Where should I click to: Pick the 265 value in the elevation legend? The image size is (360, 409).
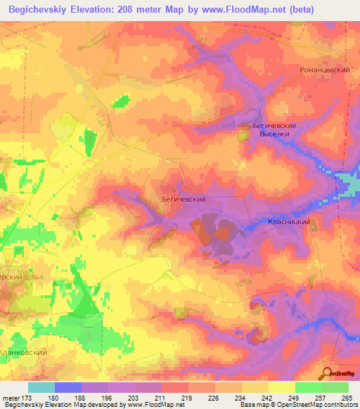(x=346, y=398)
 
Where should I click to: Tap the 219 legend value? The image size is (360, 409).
(x=187, y=398)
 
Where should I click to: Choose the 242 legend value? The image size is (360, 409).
(x=266, y=398)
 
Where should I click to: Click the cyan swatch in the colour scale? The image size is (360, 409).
(x=41, y=387)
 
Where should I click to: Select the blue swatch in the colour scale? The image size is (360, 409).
(x=68, y=387)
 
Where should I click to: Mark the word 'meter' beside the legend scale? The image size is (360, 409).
(x=11, y=398)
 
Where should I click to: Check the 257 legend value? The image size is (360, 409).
(x=319, y=398)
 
